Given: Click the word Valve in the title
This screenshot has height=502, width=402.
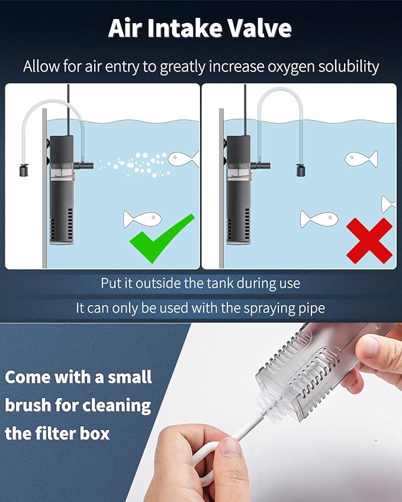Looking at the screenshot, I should coord(256,28).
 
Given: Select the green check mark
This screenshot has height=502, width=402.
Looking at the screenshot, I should coord(162,238).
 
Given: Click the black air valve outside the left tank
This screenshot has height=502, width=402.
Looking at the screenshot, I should coord(24,170).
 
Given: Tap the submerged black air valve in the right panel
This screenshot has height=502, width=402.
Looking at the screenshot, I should coord(301,170).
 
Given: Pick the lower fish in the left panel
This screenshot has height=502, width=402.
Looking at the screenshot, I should coord(142,219).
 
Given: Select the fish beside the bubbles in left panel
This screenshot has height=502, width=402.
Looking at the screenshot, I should coord(183,158).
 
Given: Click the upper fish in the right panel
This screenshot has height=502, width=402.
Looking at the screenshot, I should coord(361,158).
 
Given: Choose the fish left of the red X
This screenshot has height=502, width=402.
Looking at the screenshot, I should coord(319,219).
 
